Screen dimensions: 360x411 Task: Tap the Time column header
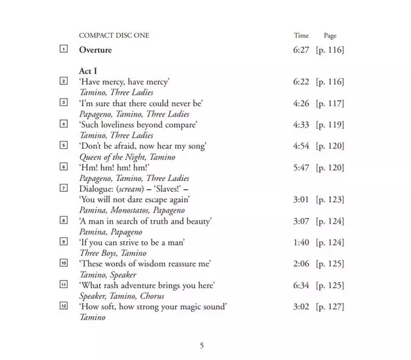click(x=301, y=35)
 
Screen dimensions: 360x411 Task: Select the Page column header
click(x=329, y=35)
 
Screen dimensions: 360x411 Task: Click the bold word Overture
click(x=95, y=50)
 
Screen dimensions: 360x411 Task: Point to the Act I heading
click(x=90, y=71)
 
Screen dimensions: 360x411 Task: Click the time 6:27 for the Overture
click(x=302, y=50)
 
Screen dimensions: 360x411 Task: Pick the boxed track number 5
click(x=64, y=145)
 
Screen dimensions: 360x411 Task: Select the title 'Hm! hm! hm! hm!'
click(x=112, y=167)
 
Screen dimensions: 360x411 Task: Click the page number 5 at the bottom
click(x=201, y=345)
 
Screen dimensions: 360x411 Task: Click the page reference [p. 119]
click(x=329, y=125)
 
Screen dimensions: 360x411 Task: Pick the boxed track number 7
click(x=64, y=188)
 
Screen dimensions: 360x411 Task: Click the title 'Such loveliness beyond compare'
click(x=138, y=125)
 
